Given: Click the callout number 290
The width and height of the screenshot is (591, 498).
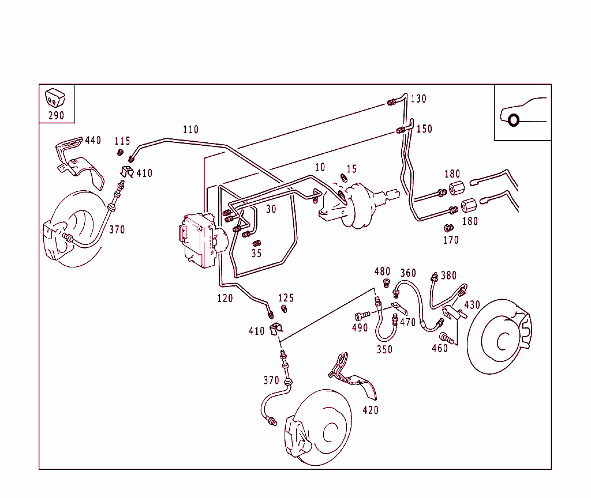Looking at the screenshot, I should tap(56, 115).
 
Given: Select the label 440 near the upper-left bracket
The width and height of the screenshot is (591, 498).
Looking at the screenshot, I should tap(93, 140).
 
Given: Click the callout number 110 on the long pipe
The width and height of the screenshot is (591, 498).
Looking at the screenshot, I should tap(190, 129).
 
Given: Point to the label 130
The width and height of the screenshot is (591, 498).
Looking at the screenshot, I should tap(418, 99).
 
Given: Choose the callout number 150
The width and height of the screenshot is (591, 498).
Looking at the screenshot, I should tap(424, 129).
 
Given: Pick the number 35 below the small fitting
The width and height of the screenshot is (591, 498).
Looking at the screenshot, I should tap(256, 253).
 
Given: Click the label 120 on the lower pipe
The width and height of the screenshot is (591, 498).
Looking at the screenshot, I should tap(225, 298).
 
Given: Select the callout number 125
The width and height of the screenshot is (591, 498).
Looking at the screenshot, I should tap(286, 298).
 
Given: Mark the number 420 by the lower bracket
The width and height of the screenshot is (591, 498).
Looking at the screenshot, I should tap(371, 410).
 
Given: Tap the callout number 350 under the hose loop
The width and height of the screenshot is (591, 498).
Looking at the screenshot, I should tap(384, 349).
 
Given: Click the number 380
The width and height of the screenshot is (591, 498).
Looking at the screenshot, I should tap(448, 276).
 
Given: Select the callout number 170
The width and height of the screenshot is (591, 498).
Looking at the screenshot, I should tap(451, 240).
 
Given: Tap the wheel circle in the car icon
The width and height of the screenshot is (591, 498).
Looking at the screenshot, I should tap(513, 120).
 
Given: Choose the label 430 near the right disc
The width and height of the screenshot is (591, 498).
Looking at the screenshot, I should tap(472, 305).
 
